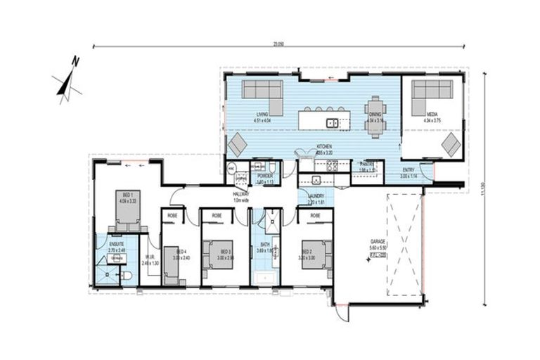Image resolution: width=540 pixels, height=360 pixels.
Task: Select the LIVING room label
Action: coord(262,114)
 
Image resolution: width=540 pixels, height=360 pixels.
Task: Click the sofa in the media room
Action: coord(431,95)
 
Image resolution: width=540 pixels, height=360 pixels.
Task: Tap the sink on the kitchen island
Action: coord(331,123)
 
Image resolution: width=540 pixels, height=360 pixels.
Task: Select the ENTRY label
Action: coord(409,171)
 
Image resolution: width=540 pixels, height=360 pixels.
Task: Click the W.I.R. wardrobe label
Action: coord(149,259)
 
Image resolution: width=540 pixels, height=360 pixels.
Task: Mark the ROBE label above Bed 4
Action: coord(173,213)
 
